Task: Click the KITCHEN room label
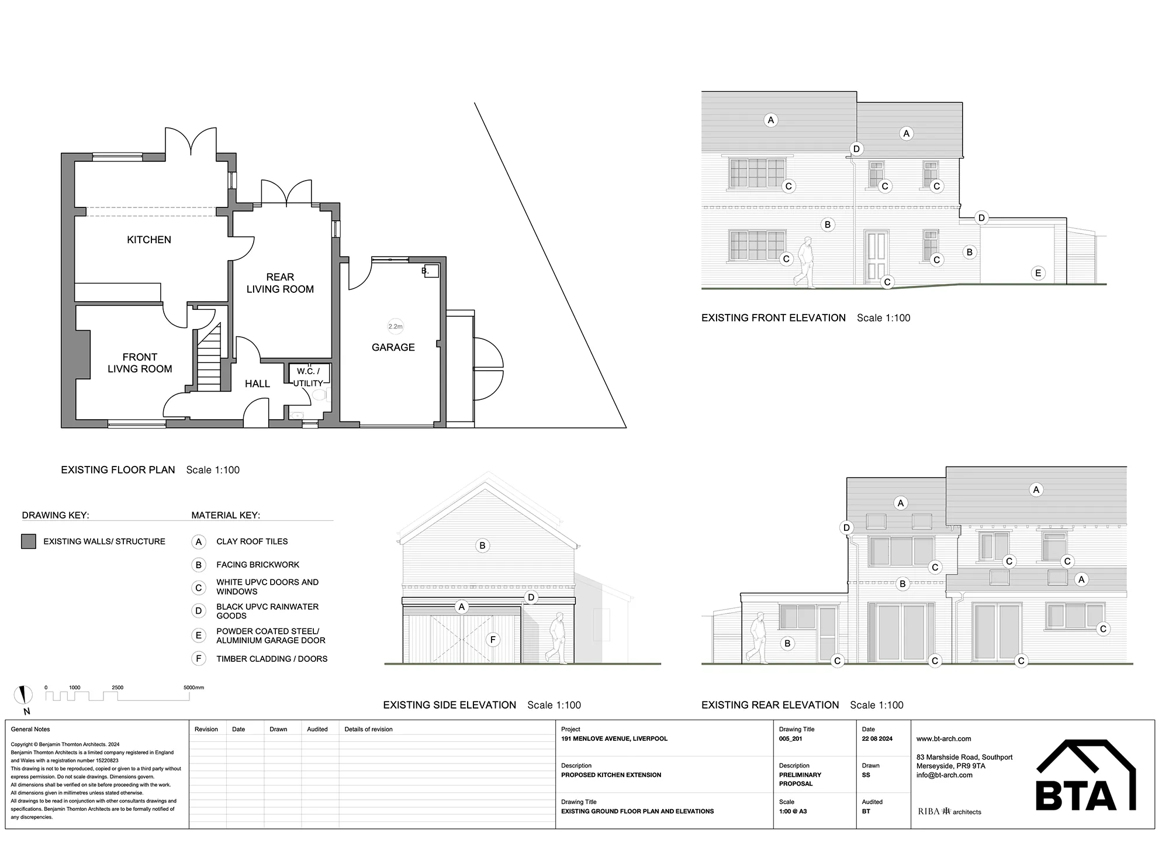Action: click(x=149, y=240)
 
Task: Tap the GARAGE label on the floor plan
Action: click(x=393, y=347)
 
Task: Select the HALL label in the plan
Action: click(x=257, y=384)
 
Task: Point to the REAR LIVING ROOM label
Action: click(x=280, y=283)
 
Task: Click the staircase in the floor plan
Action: click(x=209, y=357)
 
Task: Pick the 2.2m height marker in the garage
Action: click(x=396, y=327)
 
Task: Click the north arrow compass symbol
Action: click(x=24, y=696)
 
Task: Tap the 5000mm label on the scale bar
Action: click(x=194, y=687)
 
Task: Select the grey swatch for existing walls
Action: click(x=28, y=541)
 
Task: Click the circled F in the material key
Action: click(x=199, y=659)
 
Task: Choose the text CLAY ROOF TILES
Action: click(x=252, y=541)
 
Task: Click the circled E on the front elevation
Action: click(x=1038, y=273)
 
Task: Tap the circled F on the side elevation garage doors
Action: click(x=493, y=640)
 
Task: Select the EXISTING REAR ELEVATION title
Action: click(x=770, y=705)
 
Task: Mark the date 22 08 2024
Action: click(x=877, y=739)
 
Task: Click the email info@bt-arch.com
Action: click(x=945, y=775)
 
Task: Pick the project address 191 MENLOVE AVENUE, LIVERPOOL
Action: click(x=614, y=739)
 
